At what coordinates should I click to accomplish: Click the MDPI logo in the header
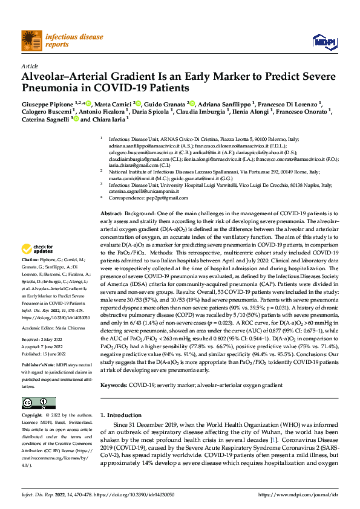(321, 41)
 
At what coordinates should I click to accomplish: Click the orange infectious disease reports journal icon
(31, 41)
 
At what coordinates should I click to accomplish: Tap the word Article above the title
(29, 66)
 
